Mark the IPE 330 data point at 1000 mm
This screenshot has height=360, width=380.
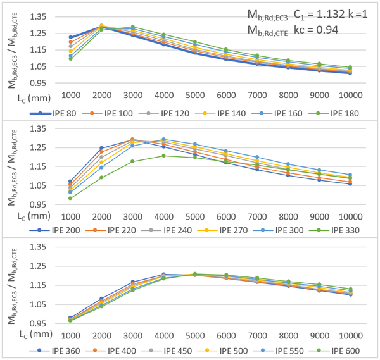(x=70, y=198)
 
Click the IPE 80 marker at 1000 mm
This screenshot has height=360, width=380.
(x=70, y=37)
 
